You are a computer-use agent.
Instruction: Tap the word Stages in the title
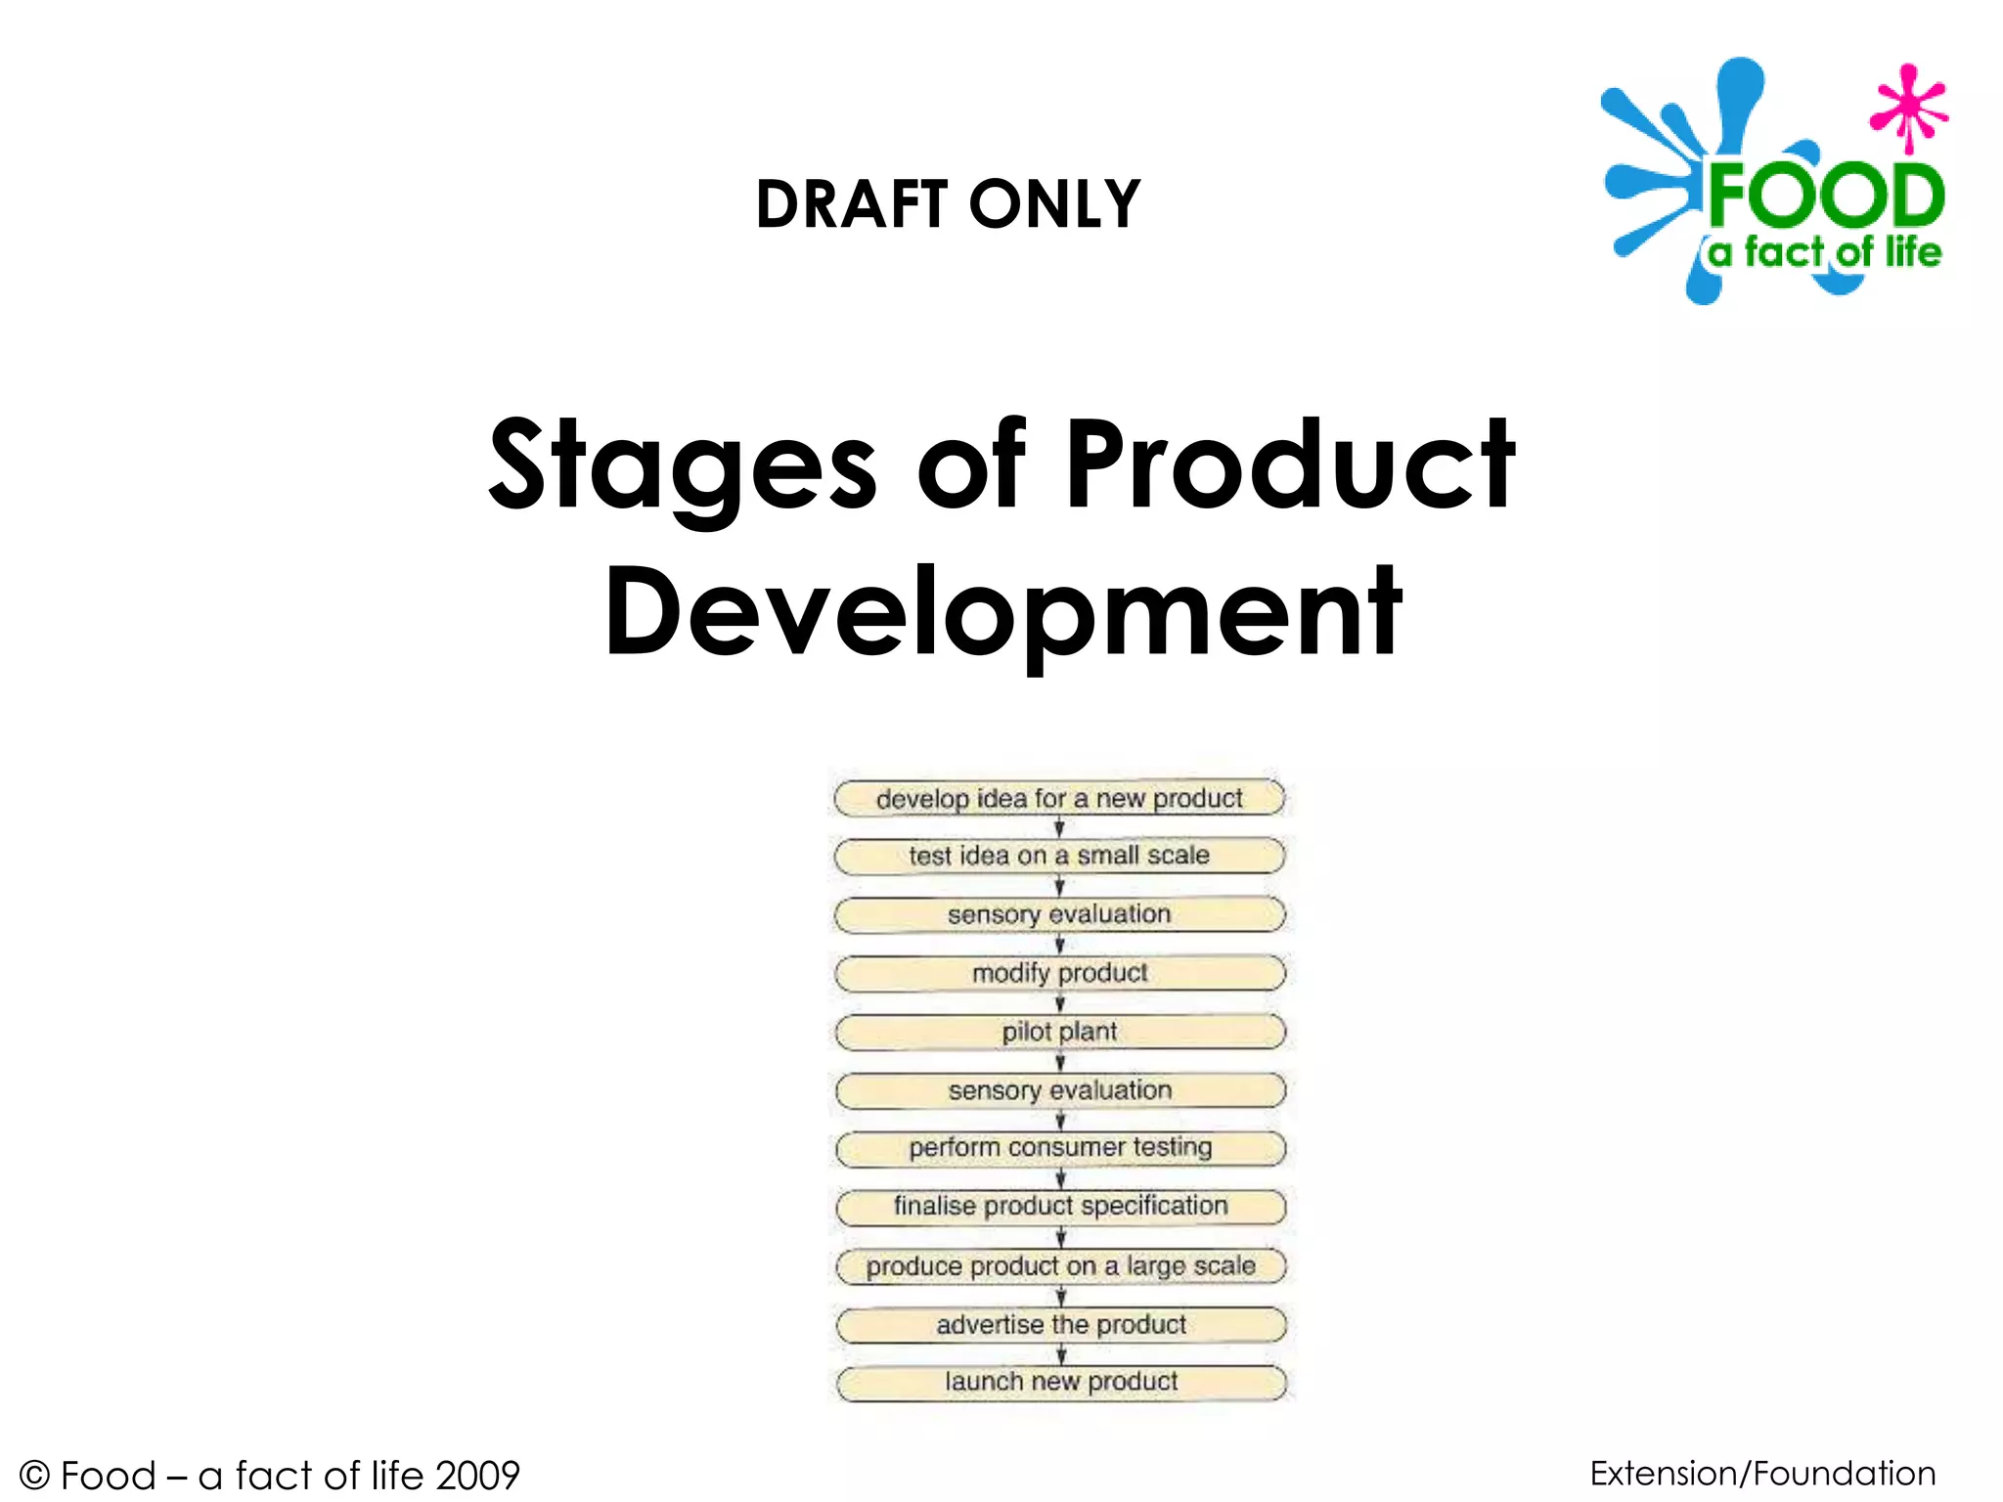click(683, 467)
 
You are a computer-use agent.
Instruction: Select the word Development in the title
click(1003, 614)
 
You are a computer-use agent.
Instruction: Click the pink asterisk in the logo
click(1908, 109)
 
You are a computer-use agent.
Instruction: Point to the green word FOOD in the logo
click(1825, 196)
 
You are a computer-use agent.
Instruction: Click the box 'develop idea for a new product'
click(1059, 798)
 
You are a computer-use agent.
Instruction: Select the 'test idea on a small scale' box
click(1059, 856)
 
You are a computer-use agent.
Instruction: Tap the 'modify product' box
click(1059, 973)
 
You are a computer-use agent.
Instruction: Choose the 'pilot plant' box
click(1059, 1032)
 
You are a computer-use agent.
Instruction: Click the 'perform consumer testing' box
click(1060, 1147)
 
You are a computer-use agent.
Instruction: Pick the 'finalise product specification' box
click(1060, 1206)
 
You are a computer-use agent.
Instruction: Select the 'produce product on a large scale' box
click(1060, 1265)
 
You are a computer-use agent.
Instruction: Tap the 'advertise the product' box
click(1061, 1324)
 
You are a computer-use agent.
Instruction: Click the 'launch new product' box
click(1061, 1382)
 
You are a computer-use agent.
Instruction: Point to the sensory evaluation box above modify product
click(1059, 914)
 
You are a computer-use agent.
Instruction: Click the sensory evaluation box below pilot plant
click(1060, 1089)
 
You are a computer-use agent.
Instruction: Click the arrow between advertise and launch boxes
click(1061, 1353)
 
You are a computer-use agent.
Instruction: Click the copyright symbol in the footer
click(34, 1475)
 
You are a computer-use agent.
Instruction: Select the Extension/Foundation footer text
click(1762, 1473)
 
